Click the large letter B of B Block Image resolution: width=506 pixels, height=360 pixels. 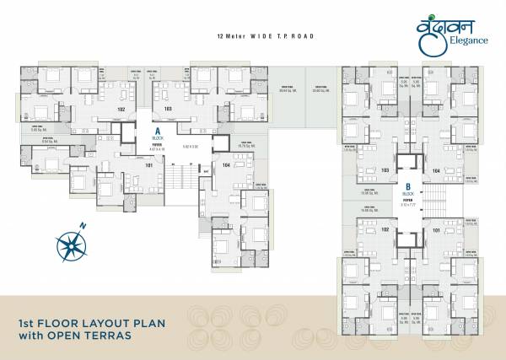click(x=407, y=186)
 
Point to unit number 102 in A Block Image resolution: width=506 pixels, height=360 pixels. click(x=121, y=110)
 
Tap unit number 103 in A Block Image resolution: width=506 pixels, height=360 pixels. click(x=168, y=110)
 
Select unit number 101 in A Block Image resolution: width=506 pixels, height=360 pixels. click(x=126, y=165)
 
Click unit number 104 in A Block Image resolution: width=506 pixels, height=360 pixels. click(x=225, y=165)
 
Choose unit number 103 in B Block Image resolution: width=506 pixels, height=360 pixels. click(x=385, y=170)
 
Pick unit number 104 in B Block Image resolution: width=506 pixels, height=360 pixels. click(x=436, y=170)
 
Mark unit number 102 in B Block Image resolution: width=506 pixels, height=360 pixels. click(x=385, y=229)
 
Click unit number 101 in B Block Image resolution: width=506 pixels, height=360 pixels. click(x=436, y=229)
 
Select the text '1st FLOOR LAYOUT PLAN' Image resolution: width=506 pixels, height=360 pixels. click(x=93, y=323)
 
